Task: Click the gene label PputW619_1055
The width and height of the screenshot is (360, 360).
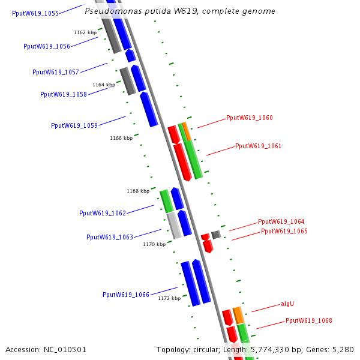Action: (35, 13)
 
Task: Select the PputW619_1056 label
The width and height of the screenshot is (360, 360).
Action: (46, 46)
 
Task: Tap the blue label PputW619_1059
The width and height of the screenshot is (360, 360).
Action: (74, 125)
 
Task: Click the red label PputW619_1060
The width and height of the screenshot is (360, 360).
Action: (249, 118)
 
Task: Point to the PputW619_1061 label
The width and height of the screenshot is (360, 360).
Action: (258, 146)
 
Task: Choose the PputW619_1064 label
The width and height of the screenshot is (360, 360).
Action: (281, 221)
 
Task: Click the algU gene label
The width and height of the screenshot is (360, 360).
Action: (287, 304)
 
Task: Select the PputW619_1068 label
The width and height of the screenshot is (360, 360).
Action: (308, 320)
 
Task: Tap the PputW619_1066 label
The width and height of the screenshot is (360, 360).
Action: (125, 295)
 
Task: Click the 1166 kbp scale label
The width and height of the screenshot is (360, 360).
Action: (121, 138)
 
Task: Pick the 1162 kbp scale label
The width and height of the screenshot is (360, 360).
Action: (85, 32)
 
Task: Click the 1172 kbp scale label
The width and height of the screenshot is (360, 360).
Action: (169, 298)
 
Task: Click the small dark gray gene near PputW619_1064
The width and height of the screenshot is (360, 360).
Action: (216, 234)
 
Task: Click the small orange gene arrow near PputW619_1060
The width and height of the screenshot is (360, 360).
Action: (187, 131)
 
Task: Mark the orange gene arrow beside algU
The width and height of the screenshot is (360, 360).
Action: (238, 315)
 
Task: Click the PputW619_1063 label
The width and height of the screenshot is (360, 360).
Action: (109, 237)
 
